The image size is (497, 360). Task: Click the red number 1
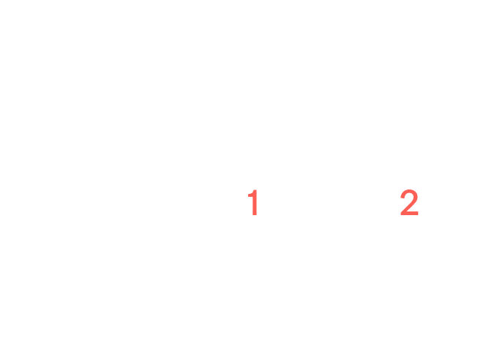[254, 203]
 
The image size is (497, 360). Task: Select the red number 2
[409, 203]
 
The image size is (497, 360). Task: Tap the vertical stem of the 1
[255, 203]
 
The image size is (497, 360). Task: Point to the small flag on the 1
[250, 193]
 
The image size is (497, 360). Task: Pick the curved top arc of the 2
[409, 192]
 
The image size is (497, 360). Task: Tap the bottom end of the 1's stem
[255, 216]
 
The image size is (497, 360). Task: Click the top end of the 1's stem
[255, 190]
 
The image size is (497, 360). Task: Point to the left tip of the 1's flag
[248, 196]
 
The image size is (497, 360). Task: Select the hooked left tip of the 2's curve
[403, 198]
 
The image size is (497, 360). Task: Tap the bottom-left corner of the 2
[401, 215]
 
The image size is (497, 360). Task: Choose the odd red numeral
[254, 203]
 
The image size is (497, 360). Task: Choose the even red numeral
[409, 203]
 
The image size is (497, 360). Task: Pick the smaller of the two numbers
[254, 203]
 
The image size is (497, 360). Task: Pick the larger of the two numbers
[409, 203]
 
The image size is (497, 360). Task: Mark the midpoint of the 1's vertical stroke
[255, 203]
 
